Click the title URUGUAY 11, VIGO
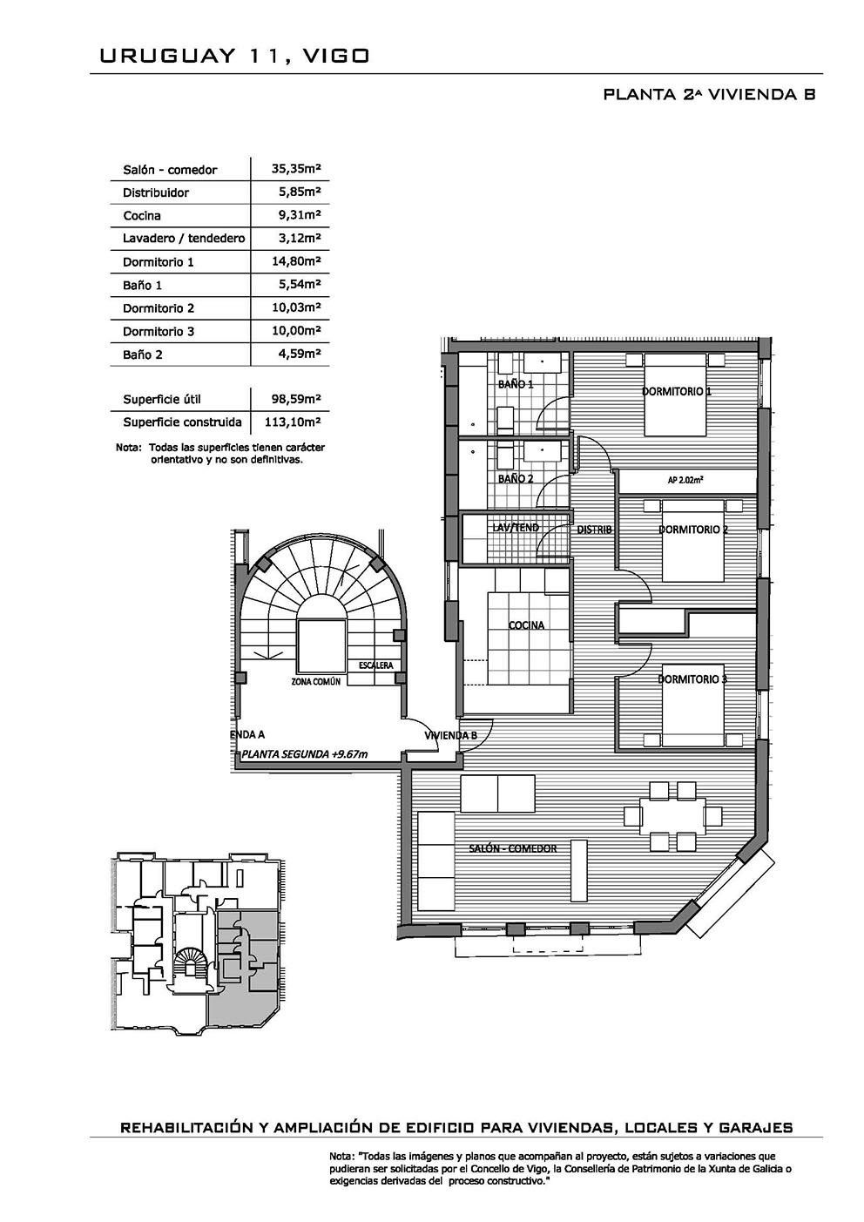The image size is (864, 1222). coord(234,57)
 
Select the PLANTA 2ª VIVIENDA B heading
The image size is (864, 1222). coord(709,94)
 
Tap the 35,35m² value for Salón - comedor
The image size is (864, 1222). coord(296,169)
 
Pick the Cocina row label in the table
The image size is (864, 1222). coord(142,215)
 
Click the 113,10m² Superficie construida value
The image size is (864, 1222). coord(293,422)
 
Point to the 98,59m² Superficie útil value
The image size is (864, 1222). coord(296,399)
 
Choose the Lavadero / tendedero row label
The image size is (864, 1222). coord(184,239)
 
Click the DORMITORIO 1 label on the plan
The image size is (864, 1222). coord(677,391)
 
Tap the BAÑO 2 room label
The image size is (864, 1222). coord(516,478)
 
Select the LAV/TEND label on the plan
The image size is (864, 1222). coord(516,528)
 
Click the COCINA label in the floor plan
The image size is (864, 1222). coord(526,625)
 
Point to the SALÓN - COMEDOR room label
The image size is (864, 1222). coord(513,848)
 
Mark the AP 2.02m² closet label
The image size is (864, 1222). coord(685,480)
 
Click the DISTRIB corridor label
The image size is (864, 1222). coord(594,530)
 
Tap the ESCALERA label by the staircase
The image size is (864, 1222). coord(375,665)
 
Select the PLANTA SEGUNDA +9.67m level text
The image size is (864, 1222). coord(304,754)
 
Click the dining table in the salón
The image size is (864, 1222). coord(673,817)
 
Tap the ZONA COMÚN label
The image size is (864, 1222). coord(316,681)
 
